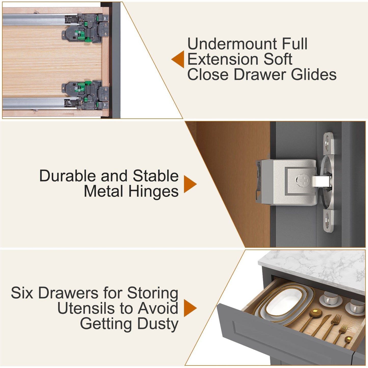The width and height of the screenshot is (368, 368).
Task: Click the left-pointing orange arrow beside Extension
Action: coord(178,59)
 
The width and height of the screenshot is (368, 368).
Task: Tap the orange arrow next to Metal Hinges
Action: coord(190,184)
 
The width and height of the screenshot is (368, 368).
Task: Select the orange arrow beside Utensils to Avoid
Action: coord(190,308)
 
